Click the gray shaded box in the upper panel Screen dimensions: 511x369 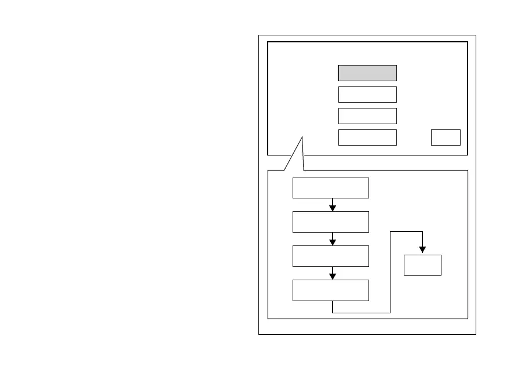(367, 73)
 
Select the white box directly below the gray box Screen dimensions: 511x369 (367, 95)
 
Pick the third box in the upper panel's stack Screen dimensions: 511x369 (367, 116)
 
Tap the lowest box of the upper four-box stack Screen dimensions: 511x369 (367, 138)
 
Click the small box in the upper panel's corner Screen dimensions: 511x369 (446, 138)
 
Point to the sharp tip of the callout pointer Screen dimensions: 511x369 (302, 137)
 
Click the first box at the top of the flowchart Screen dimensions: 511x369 (331, 188)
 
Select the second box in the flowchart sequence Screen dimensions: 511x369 (331, 222)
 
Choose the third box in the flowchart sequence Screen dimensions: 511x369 (331, 256)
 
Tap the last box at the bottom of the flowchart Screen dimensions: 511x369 (331, 290)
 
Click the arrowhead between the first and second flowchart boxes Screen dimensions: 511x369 (333, 208)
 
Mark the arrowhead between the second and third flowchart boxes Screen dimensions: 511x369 (333, 242)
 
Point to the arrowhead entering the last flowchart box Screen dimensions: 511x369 (333, 276)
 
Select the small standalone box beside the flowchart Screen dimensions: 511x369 (422, 265)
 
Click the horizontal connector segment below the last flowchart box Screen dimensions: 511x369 (362, 313)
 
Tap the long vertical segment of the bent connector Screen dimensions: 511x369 (390, 273)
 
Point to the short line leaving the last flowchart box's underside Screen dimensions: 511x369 (333, 307)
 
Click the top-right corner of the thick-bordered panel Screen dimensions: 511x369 (467, 42)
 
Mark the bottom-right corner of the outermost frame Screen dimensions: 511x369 (476, 334)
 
